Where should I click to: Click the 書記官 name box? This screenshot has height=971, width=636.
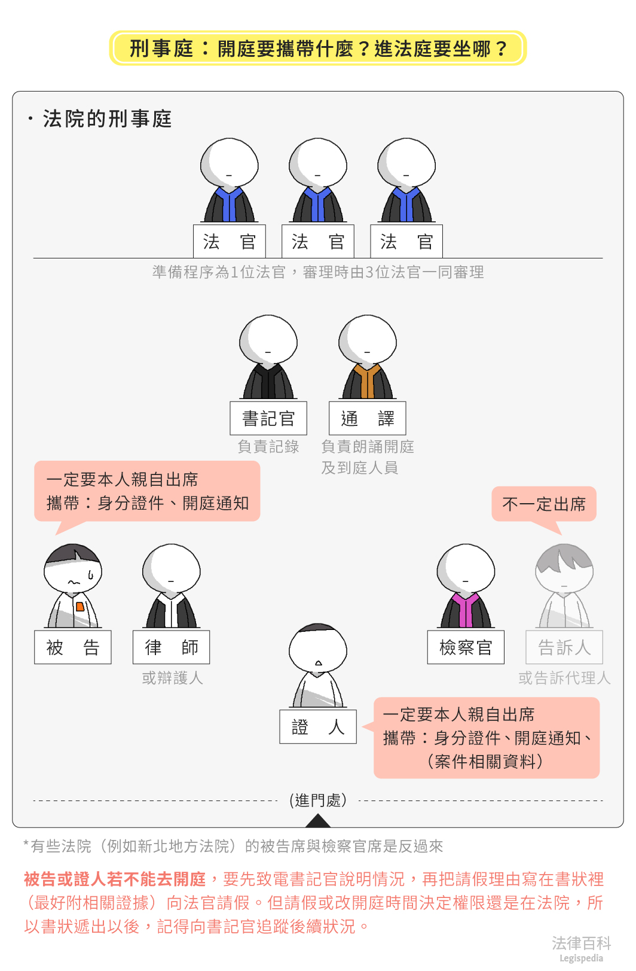point(268,418)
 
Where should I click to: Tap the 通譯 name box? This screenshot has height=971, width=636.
point(368,418)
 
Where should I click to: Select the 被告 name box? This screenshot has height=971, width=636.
point(73,647)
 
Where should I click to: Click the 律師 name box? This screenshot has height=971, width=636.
point(172,647)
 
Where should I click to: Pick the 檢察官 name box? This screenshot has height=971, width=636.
point(466,647)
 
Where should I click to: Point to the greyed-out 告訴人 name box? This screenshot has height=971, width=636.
point(564,647)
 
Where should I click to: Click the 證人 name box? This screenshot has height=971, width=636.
point(318,727)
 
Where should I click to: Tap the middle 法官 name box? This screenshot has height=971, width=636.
point(318,242)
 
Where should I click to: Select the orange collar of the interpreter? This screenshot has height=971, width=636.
point(367,380)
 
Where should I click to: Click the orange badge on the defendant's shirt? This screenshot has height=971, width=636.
point(80,607)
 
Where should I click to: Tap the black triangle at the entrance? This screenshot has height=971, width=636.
point(318,821)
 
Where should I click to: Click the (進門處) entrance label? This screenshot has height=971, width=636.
point(318,800)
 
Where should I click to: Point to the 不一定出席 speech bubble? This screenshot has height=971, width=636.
point(544,504)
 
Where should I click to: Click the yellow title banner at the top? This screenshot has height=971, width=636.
point(318,48)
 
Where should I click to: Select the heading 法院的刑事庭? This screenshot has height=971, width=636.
point(107,119)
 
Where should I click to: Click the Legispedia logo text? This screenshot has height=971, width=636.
point(581,958)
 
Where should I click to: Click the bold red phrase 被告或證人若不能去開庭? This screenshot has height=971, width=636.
point(115,879)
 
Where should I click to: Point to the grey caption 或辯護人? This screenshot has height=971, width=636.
point(173,678)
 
